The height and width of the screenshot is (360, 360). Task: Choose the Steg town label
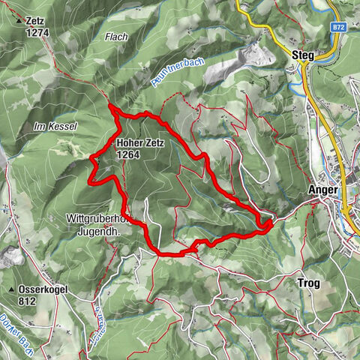click(x=301, y=55)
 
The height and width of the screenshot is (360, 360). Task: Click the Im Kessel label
click(x=55, y=127)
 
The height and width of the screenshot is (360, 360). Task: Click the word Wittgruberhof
click(x=96, y=220)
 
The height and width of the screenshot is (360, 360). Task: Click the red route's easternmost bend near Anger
click(x=271, y=220)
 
